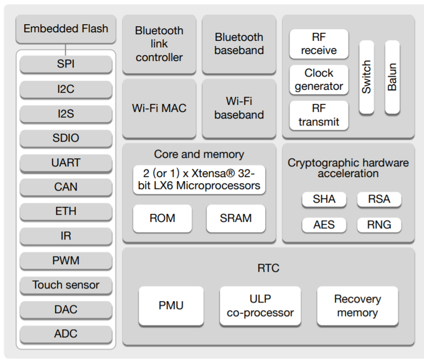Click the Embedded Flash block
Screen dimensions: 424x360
click(x=66, y=29)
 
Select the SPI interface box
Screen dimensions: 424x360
click(x=66, y=64)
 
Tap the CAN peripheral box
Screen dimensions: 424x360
click(x=66, y=187)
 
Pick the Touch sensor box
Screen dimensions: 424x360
click(x=66, y=285)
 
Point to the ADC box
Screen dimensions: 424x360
click(x=66, y=334)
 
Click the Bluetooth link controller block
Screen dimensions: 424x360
click(x=159, y=44)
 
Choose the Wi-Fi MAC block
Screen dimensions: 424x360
click(x=159, y=108)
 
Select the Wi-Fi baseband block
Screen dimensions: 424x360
click(x=239, y=108)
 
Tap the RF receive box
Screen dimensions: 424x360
click(x=319, y=44)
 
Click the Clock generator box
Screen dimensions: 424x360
click(x=319, y=80)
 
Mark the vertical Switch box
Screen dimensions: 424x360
click(x=367, y=77)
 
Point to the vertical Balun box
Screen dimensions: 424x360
click(x=392, y=77)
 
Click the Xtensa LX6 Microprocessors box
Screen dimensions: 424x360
click(x=199, y=179)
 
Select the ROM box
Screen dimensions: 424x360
click(x=162, y=218)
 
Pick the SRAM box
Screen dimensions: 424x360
click(x=236, y=218)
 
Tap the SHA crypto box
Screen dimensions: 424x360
click(x=324, y=199)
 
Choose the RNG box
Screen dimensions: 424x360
click(x=379, y=225)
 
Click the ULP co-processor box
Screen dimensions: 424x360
click(x=260, y=306)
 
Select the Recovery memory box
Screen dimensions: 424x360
click(x=357, y=306)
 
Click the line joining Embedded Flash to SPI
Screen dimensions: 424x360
click(x=66, y=49)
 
